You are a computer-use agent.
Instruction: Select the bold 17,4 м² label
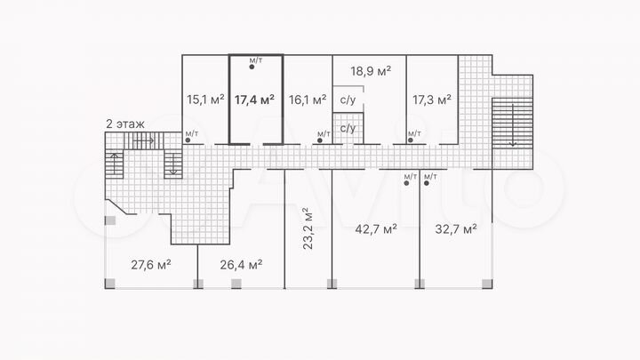point(254,100)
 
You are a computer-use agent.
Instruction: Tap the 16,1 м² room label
point(308,100)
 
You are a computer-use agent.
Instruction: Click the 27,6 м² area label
point(151,264)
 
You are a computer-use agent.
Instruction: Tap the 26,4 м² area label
point(241,264)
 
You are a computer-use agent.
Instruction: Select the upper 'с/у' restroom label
point(348,100)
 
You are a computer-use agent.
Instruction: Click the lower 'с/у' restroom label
point(348,128)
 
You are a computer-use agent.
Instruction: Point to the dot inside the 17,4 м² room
point(254,68)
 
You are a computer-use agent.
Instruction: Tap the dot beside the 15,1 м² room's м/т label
point(188,140)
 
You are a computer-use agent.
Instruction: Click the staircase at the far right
point(509,125)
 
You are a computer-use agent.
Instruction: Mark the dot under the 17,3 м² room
point(411,140)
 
